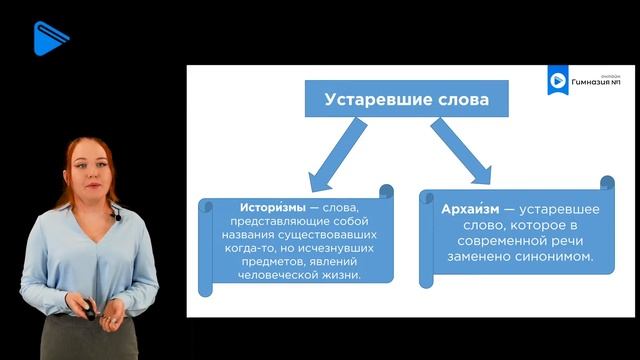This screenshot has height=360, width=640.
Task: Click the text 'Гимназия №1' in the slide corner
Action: (x=597, y=82)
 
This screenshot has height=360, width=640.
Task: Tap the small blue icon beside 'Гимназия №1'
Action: (x=556, y=81)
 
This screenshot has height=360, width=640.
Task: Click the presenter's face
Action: (x=89, y=169)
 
